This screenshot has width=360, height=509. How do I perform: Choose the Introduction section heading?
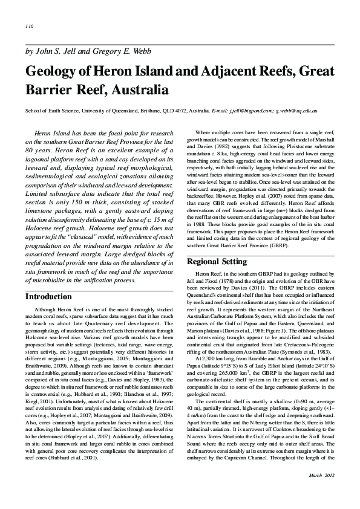point(48,297)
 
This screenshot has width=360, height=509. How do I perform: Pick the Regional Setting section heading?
point(217,262)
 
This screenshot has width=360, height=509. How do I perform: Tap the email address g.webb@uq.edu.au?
point(297,111)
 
